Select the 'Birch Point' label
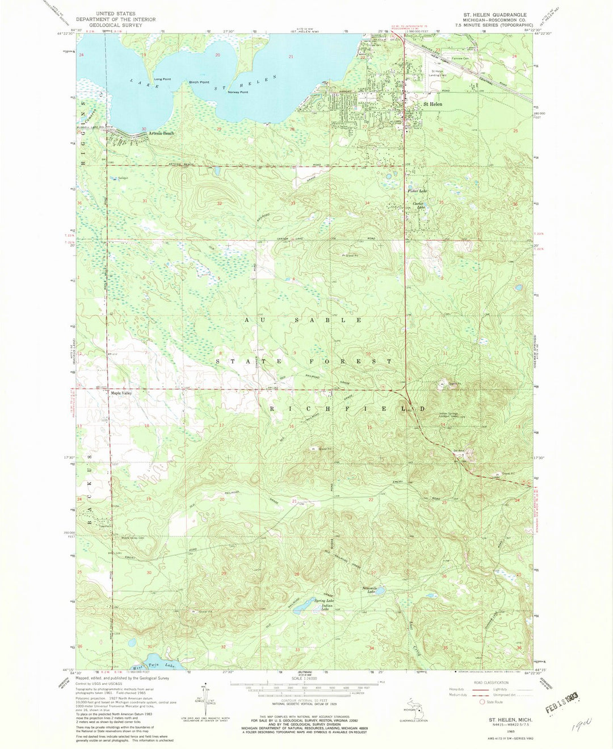(x=199, y=82)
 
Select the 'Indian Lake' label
(x=326, y=606)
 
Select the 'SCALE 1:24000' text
(x=306, y=678)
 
